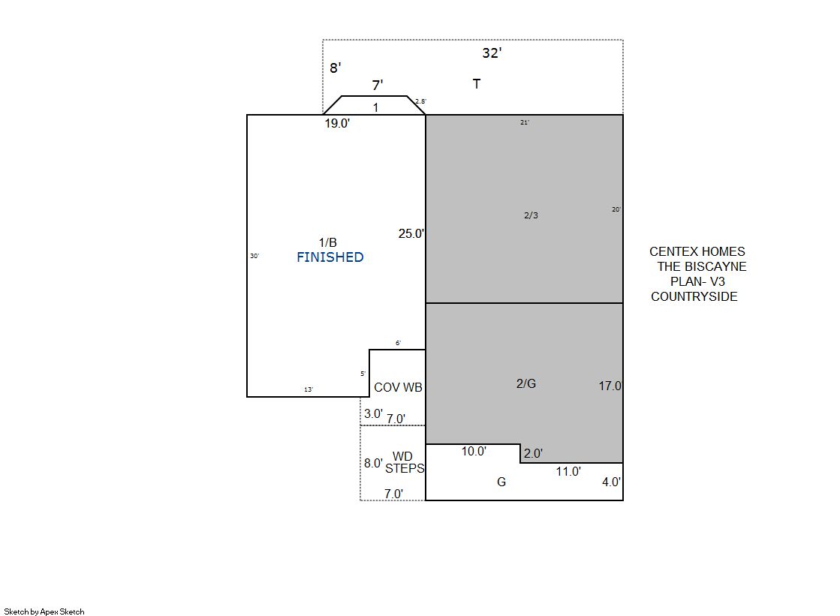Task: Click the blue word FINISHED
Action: pos(330,257)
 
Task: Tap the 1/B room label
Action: pos(328,242)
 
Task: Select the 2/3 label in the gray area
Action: pos(531,215)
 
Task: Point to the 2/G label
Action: pos(526,383)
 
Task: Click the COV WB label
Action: pos(398,387)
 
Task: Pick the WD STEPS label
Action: pos(405,462)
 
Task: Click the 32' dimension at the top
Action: pos(492,53)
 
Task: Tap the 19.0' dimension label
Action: pos(337,123)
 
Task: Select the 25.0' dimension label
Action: pos(411,233)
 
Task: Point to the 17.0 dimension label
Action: pos(610,386)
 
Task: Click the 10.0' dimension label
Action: pos(474,451)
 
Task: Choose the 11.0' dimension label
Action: pos(568,471)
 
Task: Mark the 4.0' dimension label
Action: pos(611,482)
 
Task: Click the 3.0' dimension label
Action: pos(373,413)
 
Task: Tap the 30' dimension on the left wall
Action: pos(254,256)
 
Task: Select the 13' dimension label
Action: pos(309,389)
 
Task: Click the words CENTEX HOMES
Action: pos(697,252)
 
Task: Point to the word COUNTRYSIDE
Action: pos(694,297)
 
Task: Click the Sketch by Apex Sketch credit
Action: pos(44,611)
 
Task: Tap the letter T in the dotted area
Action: pos(476,83)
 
